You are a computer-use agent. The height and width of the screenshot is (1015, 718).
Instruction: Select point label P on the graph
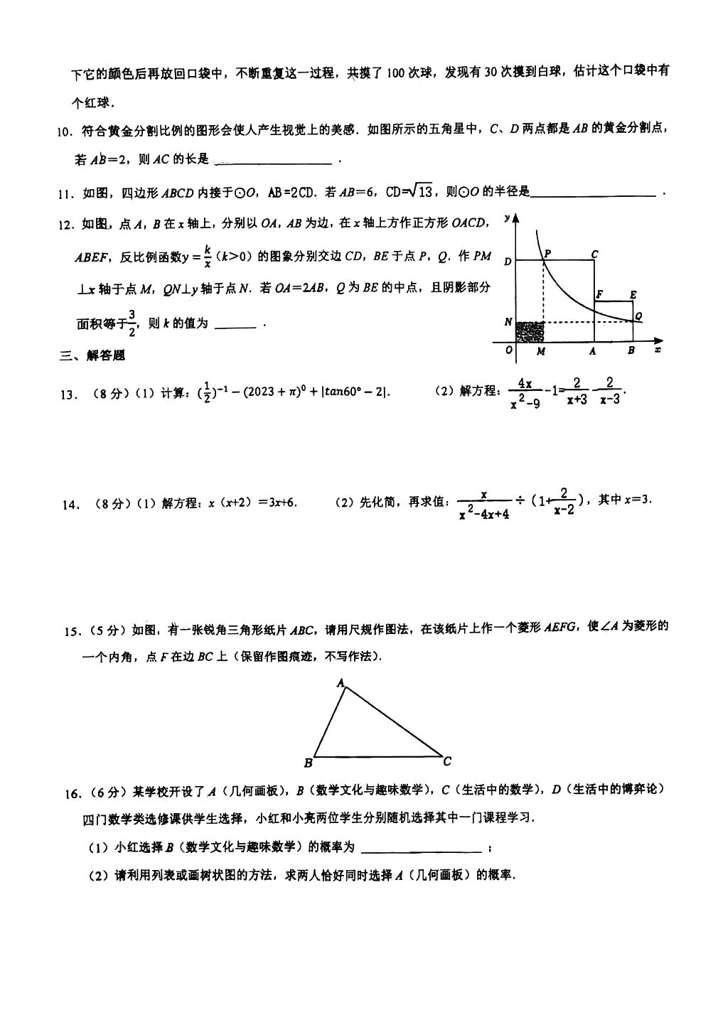click(x=547, y=254)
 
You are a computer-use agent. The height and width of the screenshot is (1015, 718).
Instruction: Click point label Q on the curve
click(x=638, y=316)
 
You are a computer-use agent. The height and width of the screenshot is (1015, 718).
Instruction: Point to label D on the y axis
click(x=508, y=262)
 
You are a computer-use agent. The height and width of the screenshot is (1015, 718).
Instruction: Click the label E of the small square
click(x=633, y=294)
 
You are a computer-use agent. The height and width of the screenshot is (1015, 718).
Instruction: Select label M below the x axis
click(x=541, y=351)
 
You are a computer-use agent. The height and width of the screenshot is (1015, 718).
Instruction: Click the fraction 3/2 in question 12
click(x=132, y=323)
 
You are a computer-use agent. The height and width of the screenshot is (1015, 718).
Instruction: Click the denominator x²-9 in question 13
click(x=525, y=403)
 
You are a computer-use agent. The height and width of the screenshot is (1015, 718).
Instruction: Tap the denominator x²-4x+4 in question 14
click(x=483, y=513)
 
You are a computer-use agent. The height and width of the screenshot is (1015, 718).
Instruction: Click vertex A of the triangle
click(x=340, y=683)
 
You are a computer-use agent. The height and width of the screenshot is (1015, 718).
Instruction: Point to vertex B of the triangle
click(x=308, y=763)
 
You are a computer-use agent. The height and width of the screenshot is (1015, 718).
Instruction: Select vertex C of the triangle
click(x=446, y=762)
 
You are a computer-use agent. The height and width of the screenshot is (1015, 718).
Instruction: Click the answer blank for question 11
click(x=593, y=193)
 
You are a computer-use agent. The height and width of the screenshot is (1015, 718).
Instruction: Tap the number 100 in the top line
click(x=397, y=72)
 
